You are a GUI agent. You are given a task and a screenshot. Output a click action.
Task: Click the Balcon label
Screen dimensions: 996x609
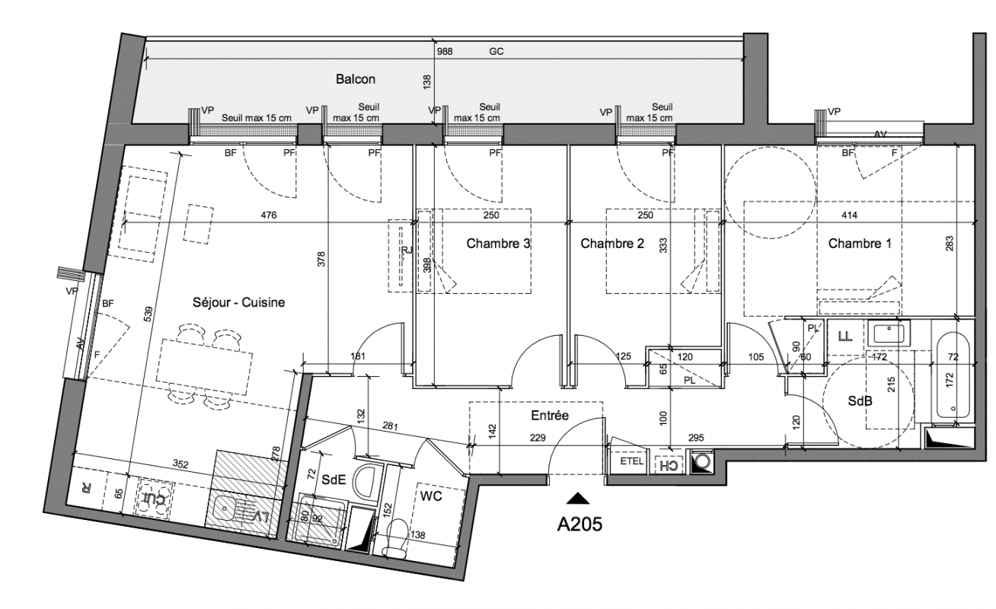click(356, 79)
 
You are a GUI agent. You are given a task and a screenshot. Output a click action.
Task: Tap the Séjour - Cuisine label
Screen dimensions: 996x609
click(239, 302)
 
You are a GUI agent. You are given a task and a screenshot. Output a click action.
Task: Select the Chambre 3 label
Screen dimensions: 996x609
click(498, 244)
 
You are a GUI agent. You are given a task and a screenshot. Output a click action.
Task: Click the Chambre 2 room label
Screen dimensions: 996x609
click(612, 244)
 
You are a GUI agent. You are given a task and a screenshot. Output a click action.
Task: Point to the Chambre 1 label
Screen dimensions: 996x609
click(860, 244)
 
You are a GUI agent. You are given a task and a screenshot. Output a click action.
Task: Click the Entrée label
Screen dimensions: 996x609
click(550, 415)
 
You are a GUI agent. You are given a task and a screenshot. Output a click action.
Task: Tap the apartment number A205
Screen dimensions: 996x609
click(579, 524)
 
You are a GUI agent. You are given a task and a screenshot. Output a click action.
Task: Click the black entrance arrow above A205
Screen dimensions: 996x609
click(578, 499)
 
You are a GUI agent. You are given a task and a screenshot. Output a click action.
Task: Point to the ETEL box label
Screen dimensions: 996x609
click(632, 461)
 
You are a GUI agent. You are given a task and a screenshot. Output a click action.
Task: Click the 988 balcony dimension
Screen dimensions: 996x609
click(445, 52)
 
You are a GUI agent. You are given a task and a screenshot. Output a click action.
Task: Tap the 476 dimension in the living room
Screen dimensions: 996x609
click(269, 215)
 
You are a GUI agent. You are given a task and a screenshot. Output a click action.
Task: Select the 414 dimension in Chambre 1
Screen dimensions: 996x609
click(849, 215)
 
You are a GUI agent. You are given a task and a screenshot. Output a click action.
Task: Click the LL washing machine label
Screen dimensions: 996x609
click(844, 336)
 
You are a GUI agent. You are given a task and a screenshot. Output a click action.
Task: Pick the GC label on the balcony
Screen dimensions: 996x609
click(496, 52)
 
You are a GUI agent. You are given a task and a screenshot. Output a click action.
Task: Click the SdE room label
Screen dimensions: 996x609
click(334, 480)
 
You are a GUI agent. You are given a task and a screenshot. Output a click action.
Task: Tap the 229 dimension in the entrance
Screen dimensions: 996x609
click(538, 438)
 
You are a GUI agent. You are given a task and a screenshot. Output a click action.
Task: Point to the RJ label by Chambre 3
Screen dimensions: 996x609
click(407, 250)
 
